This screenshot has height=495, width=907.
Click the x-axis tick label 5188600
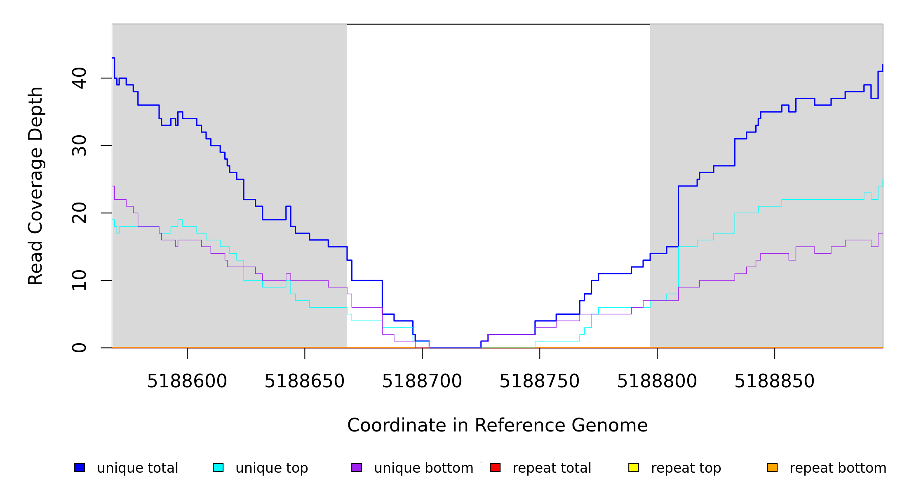[187, 382]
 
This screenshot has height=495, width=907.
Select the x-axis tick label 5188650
[305, 382]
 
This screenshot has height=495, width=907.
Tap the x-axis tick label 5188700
[422, 382]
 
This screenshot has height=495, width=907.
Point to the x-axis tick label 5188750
[540, 382]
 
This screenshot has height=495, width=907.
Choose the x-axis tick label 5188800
[657, 382]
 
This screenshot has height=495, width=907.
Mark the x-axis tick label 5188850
[775, 382]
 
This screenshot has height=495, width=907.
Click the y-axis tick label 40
[79, 78]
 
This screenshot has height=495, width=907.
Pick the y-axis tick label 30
[79, 146]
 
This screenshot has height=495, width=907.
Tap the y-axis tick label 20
[79, 213]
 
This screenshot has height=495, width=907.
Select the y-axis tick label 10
[79, 280]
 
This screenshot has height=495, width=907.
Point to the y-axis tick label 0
[79, 348]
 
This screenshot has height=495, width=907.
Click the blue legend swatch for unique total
[80, 467]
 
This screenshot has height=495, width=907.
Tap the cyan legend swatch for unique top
[218, 467]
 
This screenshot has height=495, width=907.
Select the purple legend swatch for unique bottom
[357, 467]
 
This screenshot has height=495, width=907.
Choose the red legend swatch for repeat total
[495, 467]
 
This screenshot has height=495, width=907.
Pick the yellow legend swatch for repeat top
[634, 467]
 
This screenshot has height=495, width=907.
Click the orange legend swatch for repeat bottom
[772, 467]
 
